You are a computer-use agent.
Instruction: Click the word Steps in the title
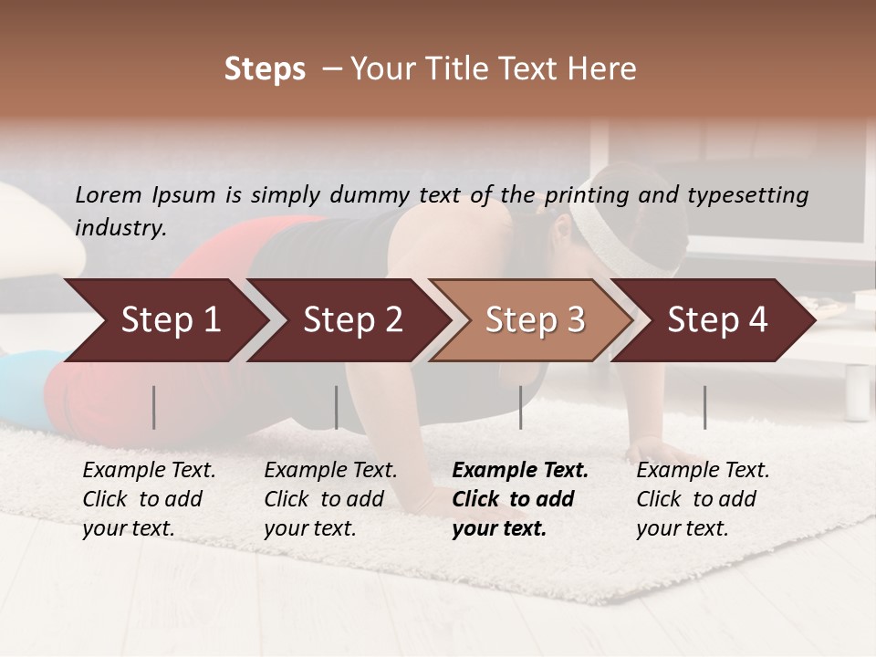coord(265,69)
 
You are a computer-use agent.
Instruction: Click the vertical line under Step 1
coord(154,407)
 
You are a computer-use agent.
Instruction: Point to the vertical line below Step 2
coord(337,407)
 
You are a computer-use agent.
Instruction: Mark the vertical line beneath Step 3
coord(521,407)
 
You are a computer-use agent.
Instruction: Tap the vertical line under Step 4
coord(705,407)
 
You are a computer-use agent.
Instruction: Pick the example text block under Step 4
coord(703,499)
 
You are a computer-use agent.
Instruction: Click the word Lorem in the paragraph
coord(109,194)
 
